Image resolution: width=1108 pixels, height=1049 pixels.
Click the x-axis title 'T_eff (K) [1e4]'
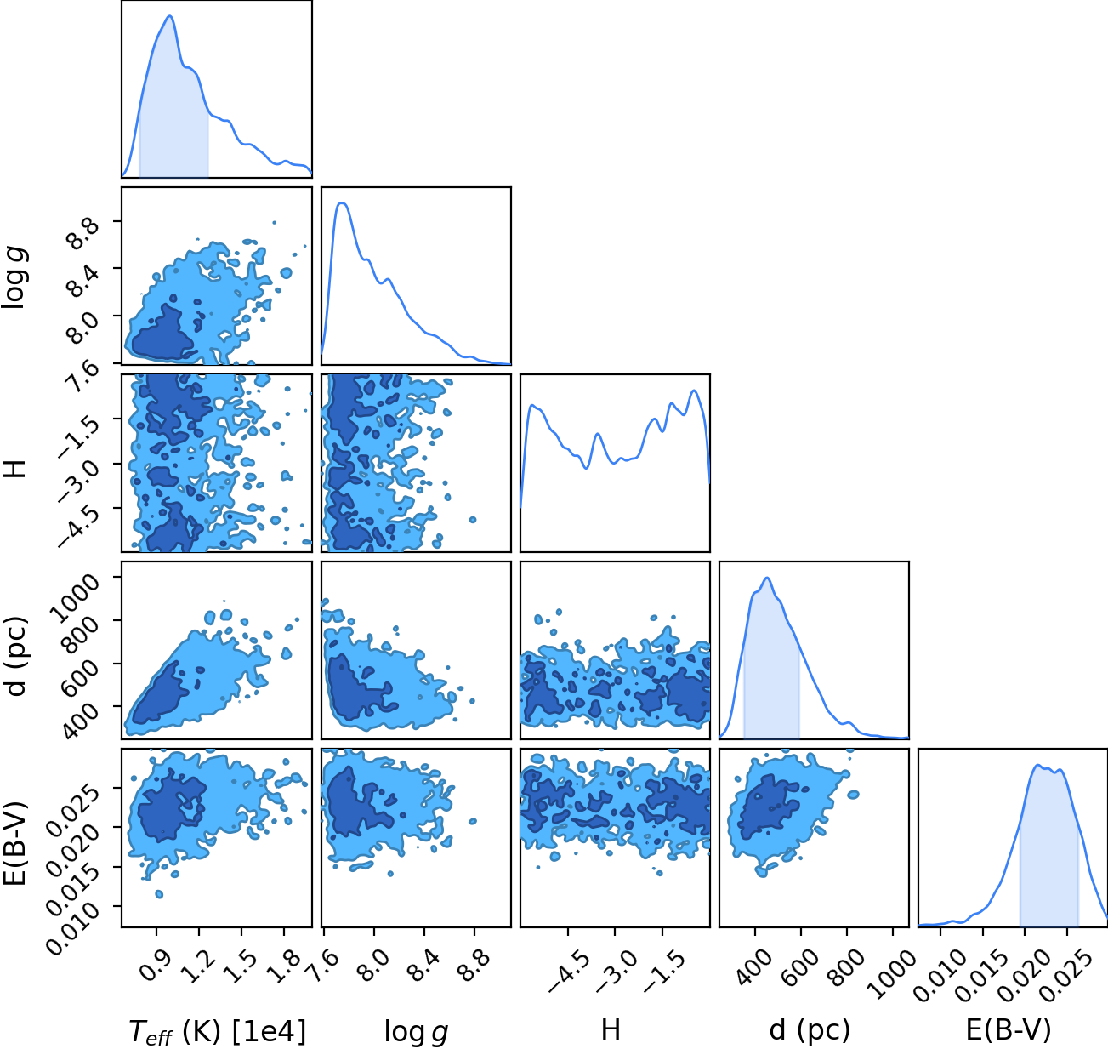(x=218, y=1031)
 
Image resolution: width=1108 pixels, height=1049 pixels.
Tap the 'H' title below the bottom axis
(x=611, y=1029)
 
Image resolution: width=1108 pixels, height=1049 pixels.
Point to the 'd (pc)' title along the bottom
(x=810, y=1030)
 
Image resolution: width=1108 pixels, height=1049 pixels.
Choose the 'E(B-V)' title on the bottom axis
(x=1009, y=1030)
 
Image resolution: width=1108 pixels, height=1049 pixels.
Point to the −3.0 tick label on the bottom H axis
(x=616, y=969)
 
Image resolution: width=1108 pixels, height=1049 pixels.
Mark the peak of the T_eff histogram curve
(x=169, y=16)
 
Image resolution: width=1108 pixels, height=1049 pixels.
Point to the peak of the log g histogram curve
(x=342, y=203)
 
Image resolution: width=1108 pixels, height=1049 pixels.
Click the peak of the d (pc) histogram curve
(x=767, y=578)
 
